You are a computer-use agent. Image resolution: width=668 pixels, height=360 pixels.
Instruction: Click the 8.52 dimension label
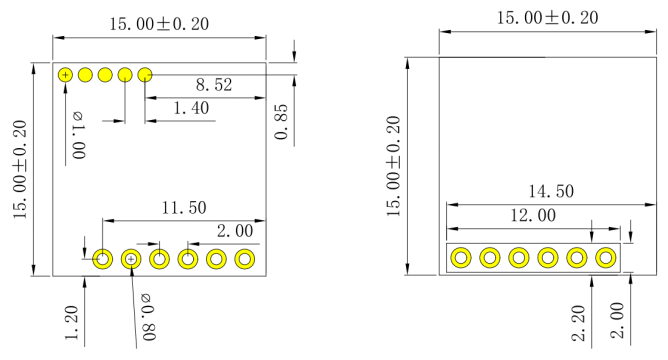point(214,85)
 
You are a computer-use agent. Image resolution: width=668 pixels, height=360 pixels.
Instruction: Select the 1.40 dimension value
point(191,108)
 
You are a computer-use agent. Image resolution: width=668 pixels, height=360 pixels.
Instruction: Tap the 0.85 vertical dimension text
point(282,122)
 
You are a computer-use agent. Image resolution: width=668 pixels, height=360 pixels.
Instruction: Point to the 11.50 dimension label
point(184,208)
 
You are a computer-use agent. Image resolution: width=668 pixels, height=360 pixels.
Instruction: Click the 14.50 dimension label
point(551,191)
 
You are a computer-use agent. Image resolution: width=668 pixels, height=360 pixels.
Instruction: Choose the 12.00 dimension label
point(533,215)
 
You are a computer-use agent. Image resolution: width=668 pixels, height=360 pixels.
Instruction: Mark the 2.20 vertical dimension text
point(579,323)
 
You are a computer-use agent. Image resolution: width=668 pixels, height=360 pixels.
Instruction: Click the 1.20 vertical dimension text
point(72,323)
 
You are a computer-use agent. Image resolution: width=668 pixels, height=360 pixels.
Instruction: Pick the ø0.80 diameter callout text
point(149,317)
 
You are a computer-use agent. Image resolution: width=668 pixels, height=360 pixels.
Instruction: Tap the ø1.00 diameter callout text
point(78,135)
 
